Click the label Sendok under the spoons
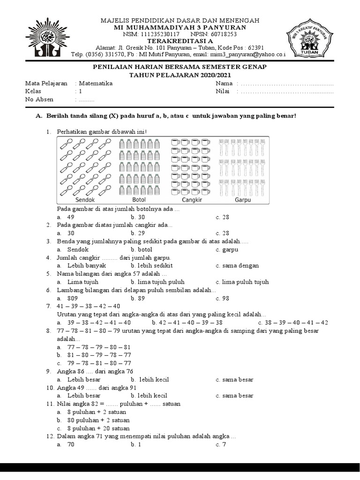tap(85, 200)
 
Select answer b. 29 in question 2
tap(138, 233)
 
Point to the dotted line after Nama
tap(286, 83)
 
